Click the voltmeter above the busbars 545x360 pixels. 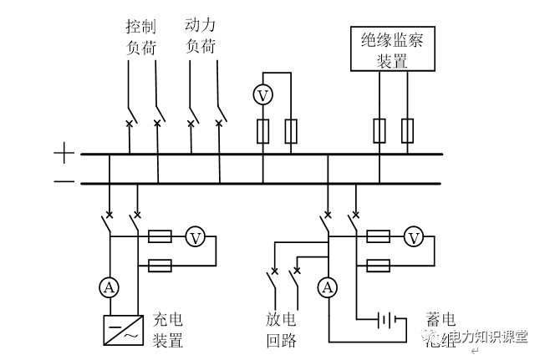coord(263,95)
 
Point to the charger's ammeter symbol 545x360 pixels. coord(109,287)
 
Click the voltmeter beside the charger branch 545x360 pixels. coord(195,238)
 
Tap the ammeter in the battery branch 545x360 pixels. coord(328,287)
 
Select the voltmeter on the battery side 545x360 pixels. coord(413,238)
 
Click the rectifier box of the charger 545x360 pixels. coord(120,330)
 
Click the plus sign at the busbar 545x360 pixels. coord(64,153)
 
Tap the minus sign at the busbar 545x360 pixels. coord(64,182)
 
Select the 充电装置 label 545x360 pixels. coord(167,330)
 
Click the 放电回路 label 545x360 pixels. coord(277,330)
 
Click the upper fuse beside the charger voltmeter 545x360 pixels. coord(160,238)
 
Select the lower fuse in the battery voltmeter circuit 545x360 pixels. coord(378,266)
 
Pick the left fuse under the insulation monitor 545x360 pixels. coord(379,129)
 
